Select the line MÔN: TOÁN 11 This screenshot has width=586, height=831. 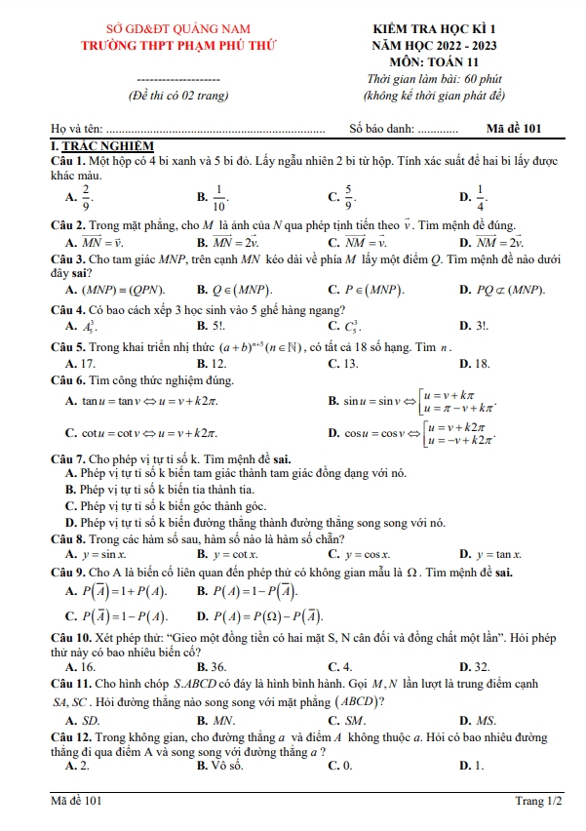click(433, 60)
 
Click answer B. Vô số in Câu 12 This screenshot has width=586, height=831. click(218, 766)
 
